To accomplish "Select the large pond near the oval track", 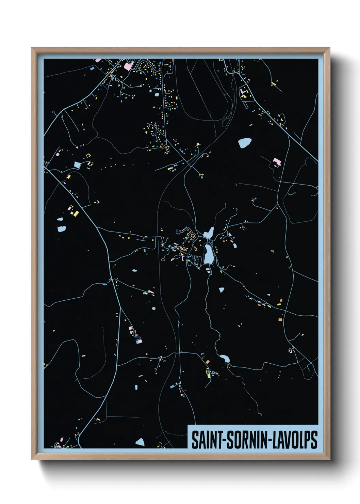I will point(245,143).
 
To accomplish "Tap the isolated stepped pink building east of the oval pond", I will point(277,162).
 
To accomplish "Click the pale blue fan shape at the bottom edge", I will point(140,442).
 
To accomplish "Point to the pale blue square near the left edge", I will point(77,165).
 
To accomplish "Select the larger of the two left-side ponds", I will point(62,229).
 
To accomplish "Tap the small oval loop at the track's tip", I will point(225,122).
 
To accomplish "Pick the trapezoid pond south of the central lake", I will point(222,290).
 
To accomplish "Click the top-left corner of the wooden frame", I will point(32,48).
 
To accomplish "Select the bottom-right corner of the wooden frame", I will point(329,459).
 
